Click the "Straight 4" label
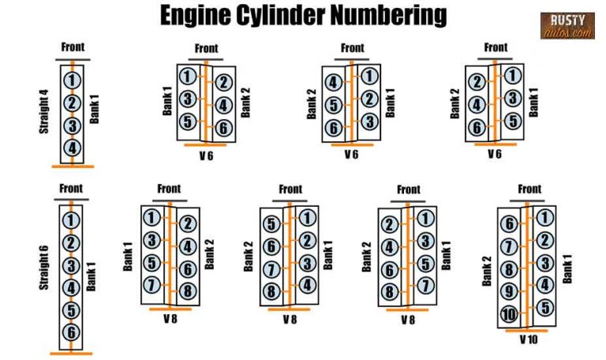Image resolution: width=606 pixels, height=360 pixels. click(45, 111)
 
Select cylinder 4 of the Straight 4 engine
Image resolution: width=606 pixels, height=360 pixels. click(73, 147)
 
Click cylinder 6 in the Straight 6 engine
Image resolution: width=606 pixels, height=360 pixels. click(72, 332)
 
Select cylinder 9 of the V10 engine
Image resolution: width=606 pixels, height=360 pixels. click(509, 291)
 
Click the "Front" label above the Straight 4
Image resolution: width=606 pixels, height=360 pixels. click(73, 47)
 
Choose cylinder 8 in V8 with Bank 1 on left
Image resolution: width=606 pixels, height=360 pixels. click(187, 290)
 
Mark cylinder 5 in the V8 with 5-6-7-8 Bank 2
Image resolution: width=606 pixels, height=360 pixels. click(271, 224)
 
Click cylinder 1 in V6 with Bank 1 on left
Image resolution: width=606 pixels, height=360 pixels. click(188, 77)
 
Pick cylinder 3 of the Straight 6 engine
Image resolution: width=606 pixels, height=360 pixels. click(72, 265)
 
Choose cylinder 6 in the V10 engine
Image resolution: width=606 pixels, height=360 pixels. click(509, 224)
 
